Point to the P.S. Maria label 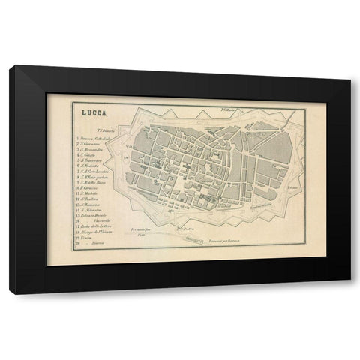tap(229, 109)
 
